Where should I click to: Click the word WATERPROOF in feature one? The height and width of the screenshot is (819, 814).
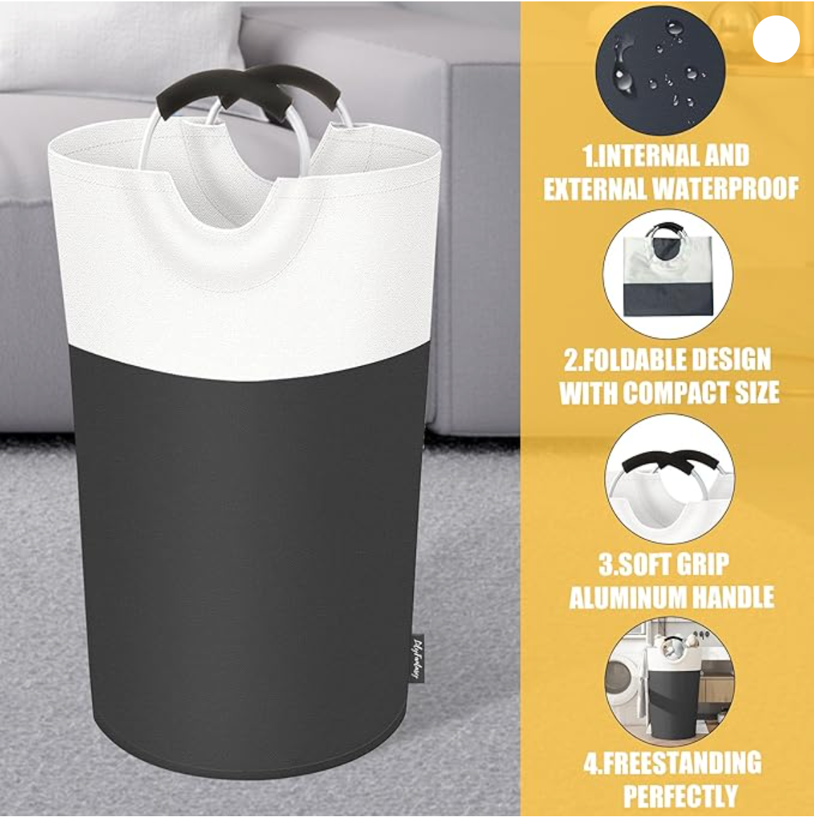coord(725,188)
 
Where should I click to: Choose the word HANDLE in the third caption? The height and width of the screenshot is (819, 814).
coord(732,597)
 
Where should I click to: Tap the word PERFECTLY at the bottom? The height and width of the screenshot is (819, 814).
coord(680,796)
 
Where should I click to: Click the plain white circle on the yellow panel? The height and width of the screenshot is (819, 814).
coord(776,39)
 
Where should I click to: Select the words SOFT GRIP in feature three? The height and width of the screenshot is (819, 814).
coord(664,564)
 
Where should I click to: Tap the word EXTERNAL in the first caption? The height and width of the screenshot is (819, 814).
coord(595,188)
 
